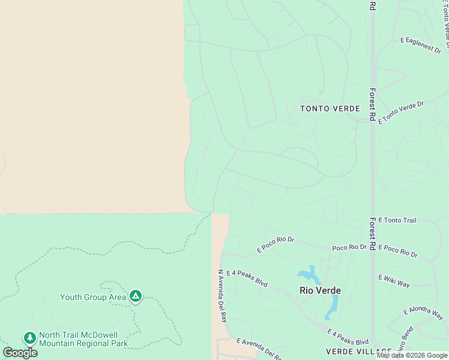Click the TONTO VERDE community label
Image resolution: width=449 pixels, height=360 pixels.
point(330,109)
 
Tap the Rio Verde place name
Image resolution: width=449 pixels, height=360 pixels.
point(320,290)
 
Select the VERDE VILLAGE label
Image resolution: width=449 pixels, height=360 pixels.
point(359,351)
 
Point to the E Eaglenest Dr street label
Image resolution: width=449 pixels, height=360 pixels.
point(420,44)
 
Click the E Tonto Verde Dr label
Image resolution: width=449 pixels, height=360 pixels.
point(401,112)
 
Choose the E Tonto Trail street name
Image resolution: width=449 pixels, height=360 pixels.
point(397,221)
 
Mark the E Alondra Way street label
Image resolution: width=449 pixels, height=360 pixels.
point(423,313)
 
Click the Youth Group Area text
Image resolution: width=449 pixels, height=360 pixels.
point(93,297)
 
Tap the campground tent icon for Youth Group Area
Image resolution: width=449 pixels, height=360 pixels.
point(136,296)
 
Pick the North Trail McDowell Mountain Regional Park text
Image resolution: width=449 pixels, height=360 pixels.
point(83,340)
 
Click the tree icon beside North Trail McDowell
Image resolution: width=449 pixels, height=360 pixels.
point(29,338)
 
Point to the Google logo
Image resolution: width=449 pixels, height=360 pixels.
point(20,353)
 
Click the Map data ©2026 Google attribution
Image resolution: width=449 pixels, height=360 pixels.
point(412,355)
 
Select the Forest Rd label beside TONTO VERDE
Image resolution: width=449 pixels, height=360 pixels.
point(372,106)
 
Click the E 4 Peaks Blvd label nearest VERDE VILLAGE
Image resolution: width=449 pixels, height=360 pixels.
point(348,336)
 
